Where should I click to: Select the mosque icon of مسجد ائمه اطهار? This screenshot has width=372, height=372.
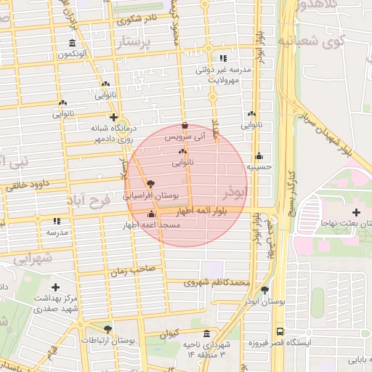click(151, 214)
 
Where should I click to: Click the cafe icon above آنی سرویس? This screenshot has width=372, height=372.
click(185, 125)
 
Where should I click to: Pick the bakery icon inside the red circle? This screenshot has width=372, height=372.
click(182, 152)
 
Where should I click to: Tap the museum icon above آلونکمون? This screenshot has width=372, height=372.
click(71, 43)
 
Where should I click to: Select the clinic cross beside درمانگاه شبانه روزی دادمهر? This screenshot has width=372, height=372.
click(113, 117)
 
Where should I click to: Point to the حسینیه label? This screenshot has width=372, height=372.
click(259, 166)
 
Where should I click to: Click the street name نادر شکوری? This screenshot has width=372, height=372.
click(135, 20)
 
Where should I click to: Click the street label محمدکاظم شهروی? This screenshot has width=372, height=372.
click(217, 283)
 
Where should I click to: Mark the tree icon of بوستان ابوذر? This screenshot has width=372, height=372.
click(264, 290)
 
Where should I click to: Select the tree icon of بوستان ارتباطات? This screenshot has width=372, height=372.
click(108, 329)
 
